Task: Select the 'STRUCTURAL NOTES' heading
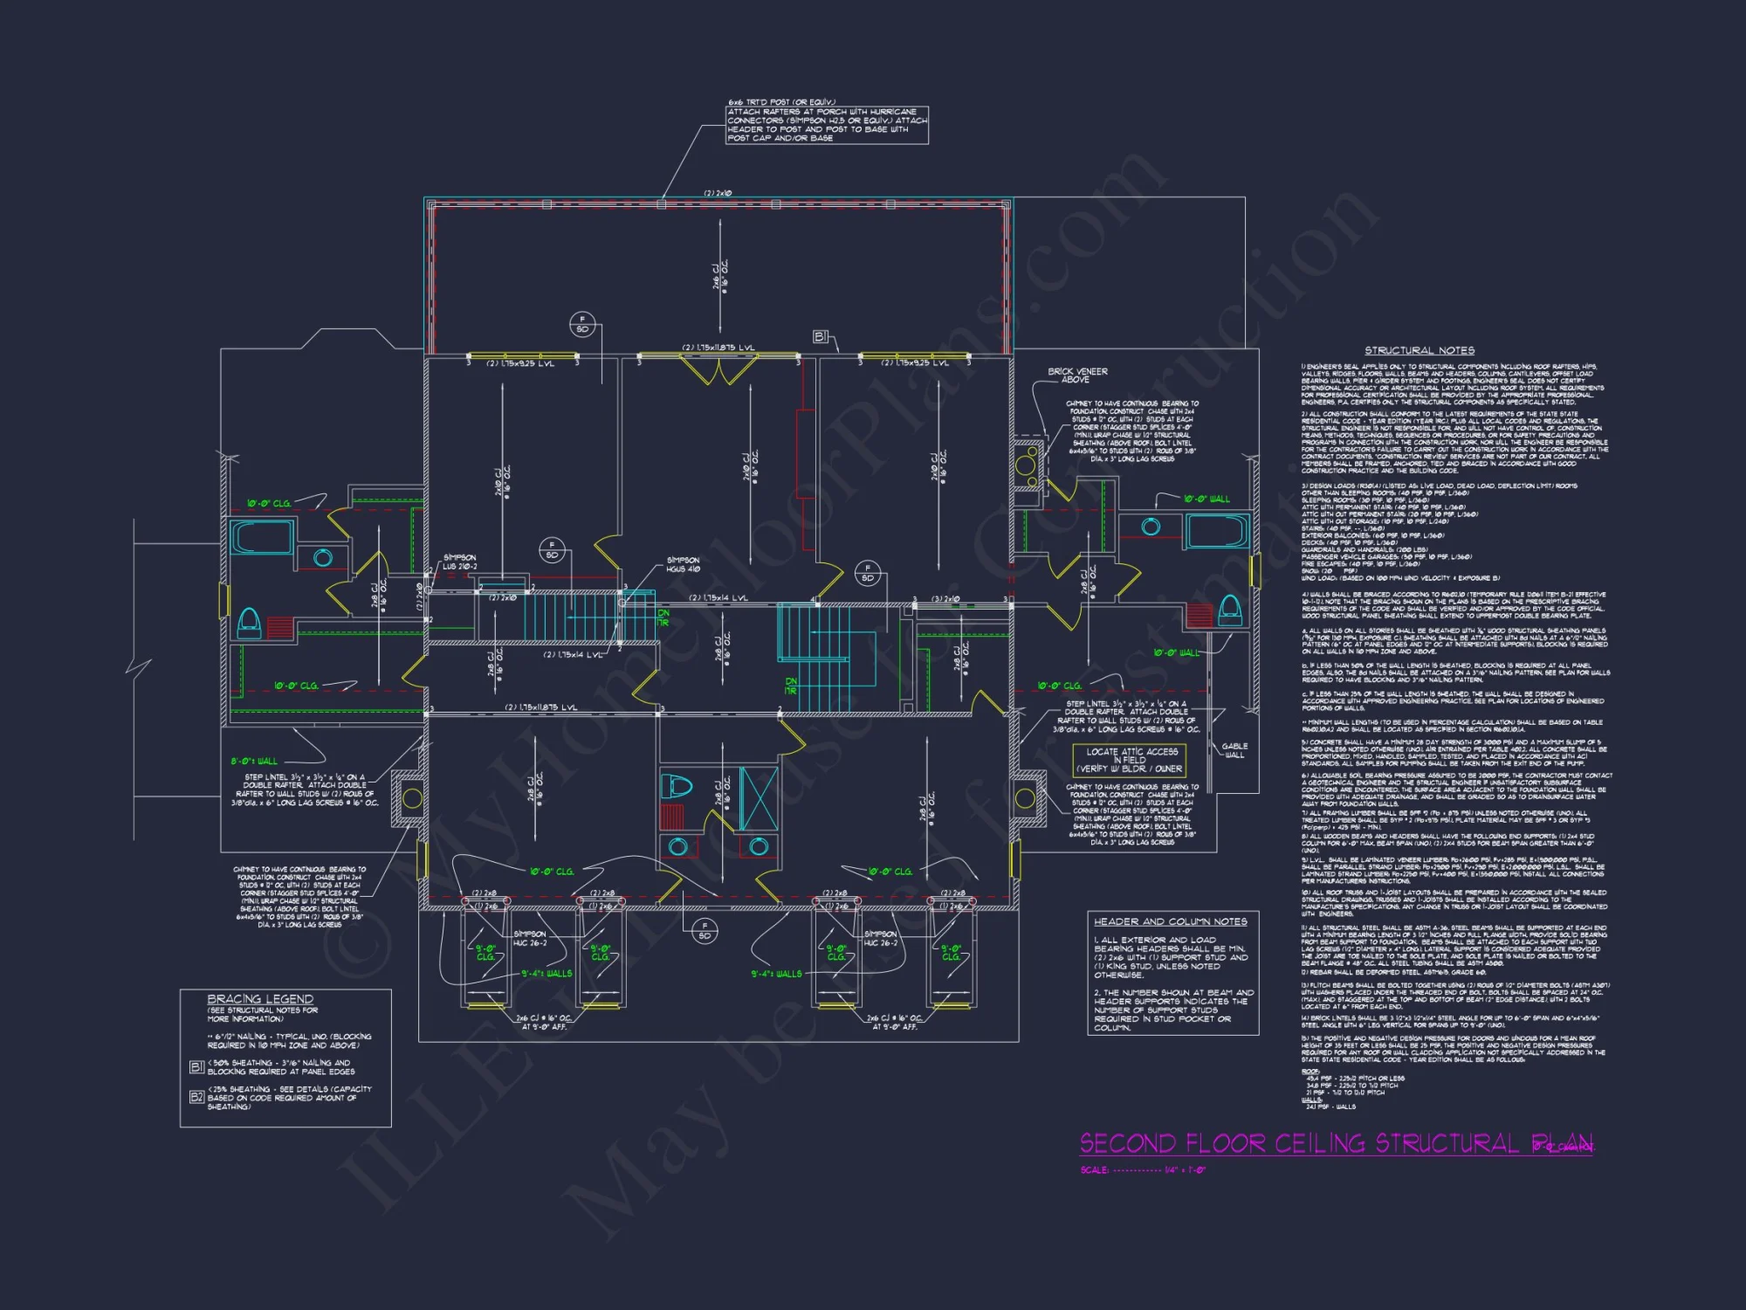click(1419, 350)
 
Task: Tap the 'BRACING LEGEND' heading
click(260, 998)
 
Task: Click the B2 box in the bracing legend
click(196, 1096)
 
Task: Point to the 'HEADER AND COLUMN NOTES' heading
click(1170, 921)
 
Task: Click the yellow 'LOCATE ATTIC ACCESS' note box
click(1131, 760)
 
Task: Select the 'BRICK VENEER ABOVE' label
click(1077, 376)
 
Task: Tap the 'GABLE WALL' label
click(1234, 750)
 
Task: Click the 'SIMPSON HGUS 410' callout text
click(683, 564)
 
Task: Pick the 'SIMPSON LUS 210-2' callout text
click(459, 562)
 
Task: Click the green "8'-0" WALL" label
click(254, 761)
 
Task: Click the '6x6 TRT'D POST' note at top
click(826, 121)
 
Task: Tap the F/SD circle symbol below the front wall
click(705, 931)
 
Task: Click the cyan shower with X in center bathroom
click(758, 798)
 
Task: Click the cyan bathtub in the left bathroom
click(261, 536)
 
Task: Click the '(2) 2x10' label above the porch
click(718, 193)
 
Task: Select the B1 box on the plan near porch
click(820, 336)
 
